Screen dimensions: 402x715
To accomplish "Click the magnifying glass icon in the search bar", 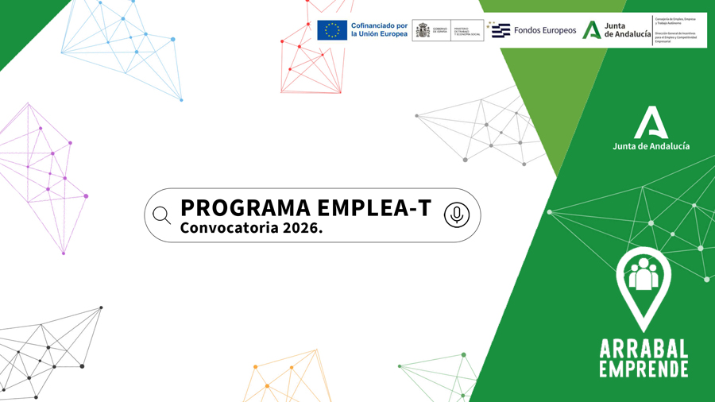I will click(161, 215).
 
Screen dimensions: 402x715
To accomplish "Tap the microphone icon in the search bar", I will click(456, 215).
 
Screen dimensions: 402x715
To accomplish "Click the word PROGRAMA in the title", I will click(245, 208).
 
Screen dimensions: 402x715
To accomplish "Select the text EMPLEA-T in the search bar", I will click(374, 208).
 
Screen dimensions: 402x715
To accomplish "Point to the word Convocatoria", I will click(224, 228).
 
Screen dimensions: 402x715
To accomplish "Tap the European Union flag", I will click(332, 30).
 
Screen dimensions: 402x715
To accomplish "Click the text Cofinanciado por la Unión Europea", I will click(379, 30).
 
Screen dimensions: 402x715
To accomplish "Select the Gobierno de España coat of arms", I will click(422, 30).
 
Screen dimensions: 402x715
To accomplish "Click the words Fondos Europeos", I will click(545, 30).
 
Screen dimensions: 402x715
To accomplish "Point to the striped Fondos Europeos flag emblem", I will click(500, 30).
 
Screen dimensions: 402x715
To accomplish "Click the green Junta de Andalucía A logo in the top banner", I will click(591, 30).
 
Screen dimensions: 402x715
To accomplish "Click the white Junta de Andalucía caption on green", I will click(651, 146).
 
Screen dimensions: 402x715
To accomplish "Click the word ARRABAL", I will click(644, 347).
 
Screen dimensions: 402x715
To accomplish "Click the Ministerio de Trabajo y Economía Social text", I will click(467, 31).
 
